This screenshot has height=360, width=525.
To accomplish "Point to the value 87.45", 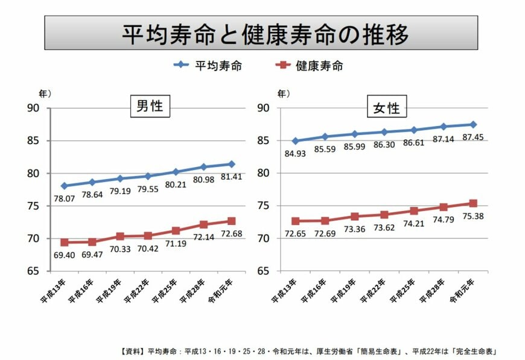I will click(473, 136).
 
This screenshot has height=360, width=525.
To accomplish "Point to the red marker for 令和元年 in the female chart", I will click(473, 204).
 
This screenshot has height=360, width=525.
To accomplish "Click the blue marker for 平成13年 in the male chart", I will click(64, 186).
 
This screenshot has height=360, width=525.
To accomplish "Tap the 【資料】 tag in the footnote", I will click(132, 351).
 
